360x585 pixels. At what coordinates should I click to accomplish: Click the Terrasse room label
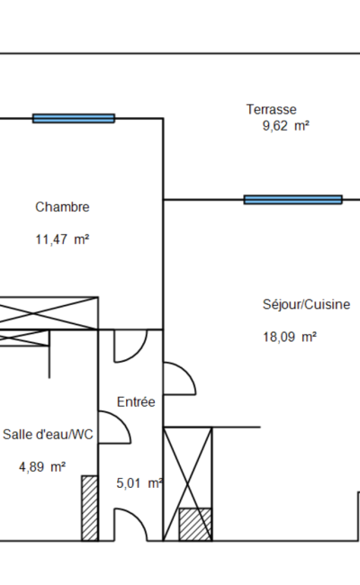[271, 109]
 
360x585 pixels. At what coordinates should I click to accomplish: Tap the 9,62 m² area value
[286, 126]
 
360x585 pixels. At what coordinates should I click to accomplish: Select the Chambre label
[62, 207]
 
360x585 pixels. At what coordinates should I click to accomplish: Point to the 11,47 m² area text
[62, 239]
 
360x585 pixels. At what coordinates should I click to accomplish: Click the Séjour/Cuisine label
[306, 304]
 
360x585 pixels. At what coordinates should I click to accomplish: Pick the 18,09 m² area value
[290, 337]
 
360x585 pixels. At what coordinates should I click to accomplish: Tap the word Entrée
[136, 401]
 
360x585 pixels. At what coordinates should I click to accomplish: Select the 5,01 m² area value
[139, 483]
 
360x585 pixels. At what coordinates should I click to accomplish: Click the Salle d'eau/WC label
[48, 435]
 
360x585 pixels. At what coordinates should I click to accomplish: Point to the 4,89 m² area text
[42, 467]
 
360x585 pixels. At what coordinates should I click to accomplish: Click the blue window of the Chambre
[74, 118]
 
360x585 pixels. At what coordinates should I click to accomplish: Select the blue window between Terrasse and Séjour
[292, 200]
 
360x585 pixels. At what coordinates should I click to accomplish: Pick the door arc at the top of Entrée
[138, 353]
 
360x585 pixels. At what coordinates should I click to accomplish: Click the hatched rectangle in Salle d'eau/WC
[90, 508]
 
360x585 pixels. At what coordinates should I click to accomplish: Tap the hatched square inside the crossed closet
[195, 524]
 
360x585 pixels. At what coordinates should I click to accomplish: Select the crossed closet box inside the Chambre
[49, 313]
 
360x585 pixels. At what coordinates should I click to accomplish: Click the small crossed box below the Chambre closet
[24, 337]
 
